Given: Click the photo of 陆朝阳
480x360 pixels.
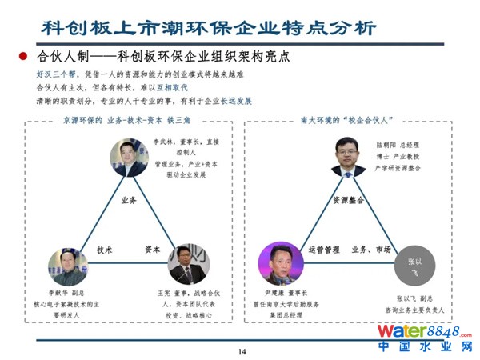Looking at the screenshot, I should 348,157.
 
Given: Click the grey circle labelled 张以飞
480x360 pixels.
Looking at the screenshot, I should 414,266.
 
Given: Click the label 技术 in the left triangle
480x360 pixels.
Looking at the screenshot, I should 105,250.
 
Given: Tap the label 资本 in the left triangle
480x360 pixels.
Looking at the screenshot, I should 153,250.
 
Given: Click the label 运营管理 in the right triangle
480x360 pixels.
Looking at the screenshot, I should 325,250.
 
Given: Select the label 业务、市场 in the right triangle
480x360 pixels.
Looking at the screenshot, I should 371,250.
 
